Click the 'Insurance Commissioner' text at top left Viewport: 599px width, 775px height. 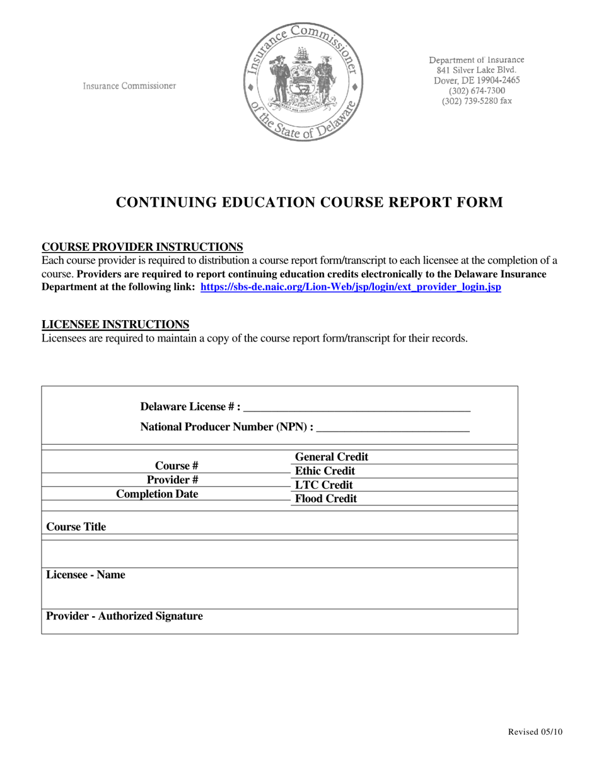point(129,86)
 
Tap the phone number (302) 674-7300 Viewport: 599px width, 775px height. point(477,91)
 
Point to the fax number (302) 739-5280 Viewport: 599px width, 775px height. point(477,101)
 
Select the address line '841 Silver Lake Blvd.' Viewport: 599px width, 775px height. point(477,70)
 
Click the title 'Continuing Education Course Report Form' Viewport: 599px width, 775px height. point(309,202)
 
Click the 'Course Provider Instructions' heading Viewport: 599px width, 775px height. point(142,246)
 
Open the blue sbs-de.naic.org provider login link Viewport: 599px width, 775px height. point(351,287)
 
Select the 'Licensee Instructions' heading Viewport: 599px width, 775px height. point(115,324)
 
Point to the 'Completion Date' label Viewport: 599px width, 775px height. point(157,494)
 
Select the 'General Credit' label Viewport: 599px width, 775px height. point(332,457)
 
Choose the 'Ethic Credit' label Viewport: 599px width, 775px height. point(325,471)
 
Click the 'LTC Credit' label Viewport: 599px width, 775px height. point(323,485)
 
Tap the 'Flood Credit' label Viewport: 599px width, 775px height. point(325,499)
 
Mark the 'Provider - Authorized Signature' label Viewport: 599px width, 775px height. point(125,616)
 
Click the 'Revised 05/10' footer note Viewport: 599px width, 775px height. point(535,732)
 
